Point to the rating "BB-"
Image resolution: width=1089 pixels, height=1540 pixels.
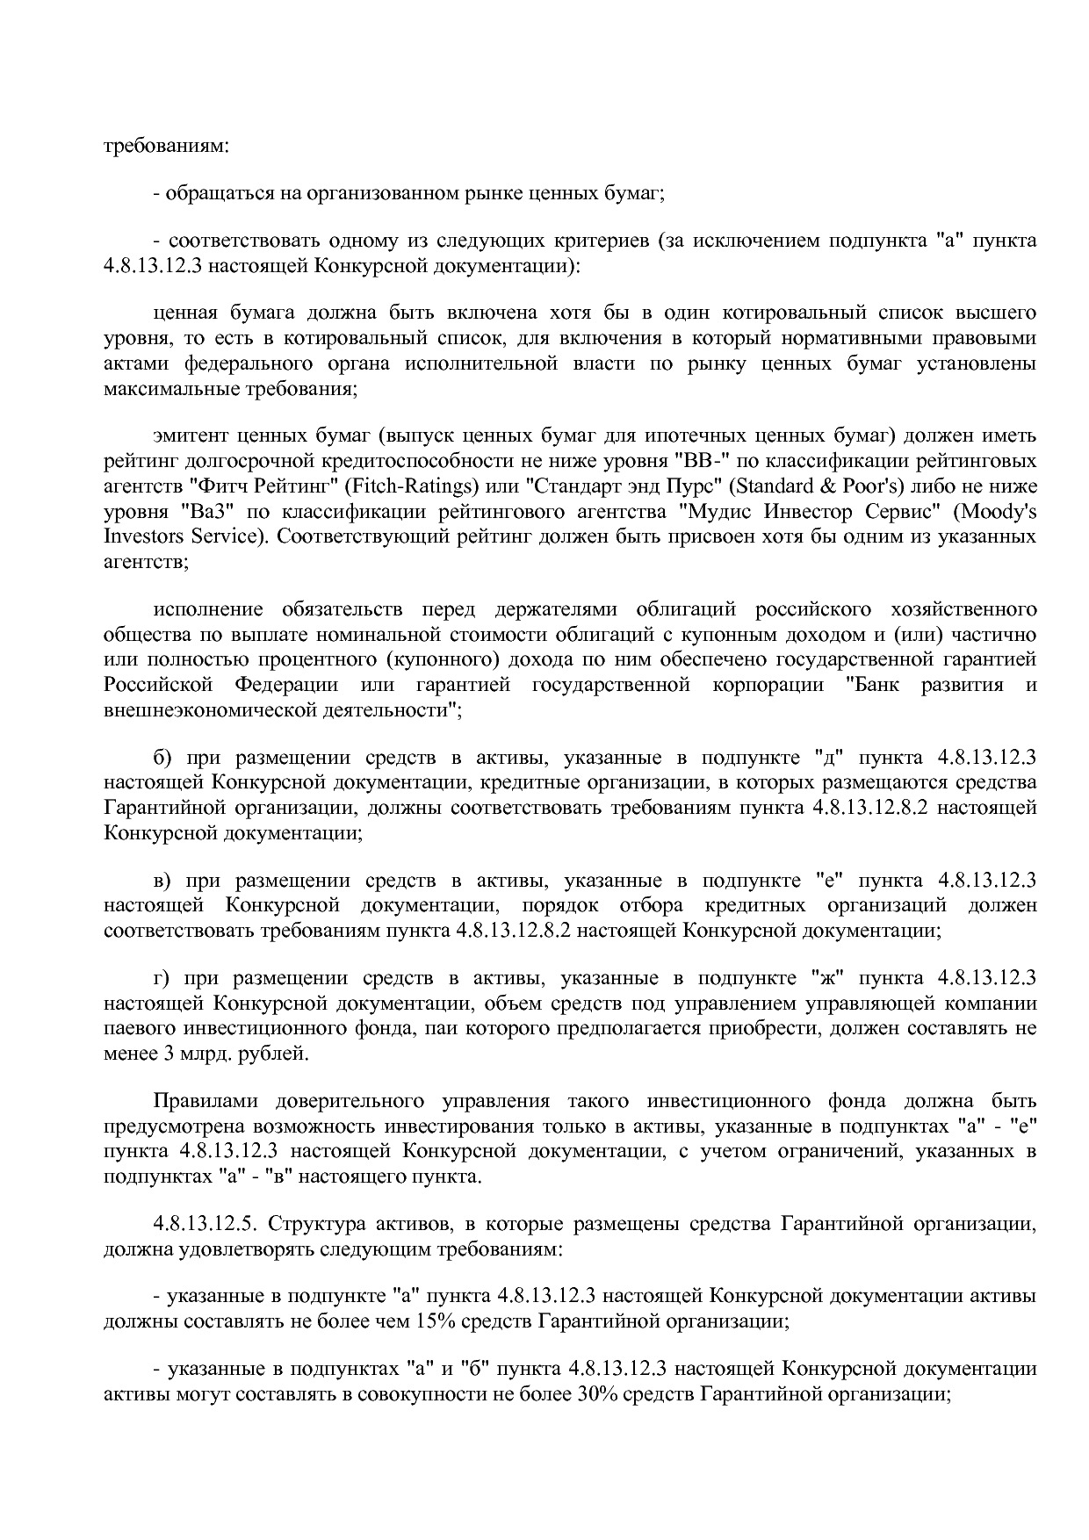coord(699,460)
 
